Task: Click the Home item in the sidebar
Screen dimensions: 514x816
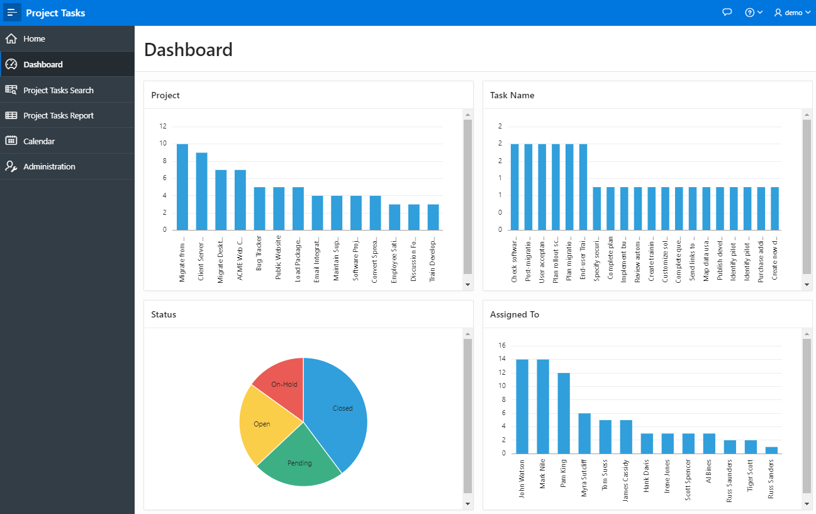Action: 35,39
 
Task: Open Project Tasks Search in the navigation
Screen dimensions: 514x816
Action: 59,90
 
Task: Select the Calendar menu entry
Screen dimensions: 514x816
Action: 39,141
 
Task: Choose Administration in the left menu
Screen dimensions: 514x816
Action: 49,167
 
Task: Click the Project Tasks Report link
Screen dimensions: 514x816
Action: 59,116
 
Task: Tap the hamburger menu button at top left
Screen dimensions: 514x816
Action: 13,13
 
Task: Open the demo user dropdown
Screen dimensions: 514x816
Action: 792,13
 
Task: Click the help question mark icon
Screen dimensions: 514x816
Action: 752,13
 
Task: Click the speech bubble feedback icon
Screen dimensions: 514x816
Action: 727,13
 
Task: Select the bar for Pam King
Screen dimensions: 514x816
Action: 564,413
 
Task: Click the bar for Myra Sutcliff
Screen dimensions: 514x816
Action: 584,433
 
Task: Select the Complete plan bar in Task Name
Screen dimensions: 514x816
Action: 610,208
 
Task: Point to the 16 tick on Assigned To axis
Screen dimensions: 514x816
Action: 502,346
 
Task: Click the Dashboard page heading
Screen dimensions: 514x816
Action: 188,50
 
